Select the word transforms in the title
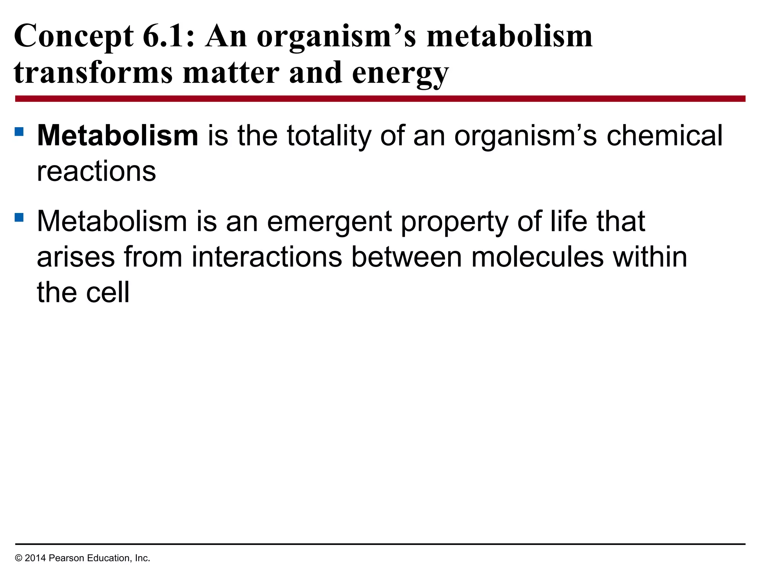93,73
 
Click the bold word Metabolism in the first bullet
117,136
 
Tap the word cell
108,293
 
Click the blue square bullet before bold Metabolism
19,132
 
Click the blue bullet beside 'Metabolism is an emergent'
19,217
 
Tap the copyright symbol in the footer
19,558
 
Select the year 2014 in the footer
35,558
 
